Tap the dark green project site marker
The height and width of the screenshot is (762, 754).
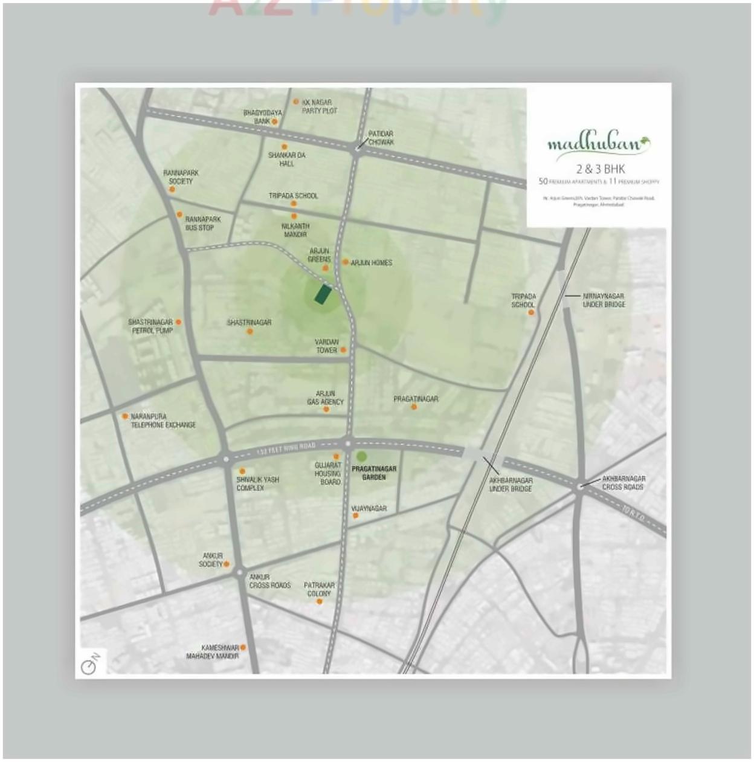point(323,294)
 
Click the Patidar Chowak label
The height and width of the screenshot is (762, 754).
point(381,138)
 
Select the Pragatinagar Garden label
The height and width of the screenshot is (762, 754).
point(374,473)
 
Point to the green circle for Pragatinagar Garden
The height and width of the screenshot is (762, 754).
point(361,456)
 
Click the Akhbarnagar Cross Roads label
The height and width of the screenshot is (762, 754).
point(623,482)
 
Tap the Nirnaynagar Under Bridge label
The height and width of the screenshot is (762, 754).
point(604,300)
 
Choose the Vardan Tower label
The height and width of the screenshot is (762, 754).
point(326,346)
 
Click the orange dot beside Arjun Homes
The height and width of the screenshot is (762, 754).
point(346,262)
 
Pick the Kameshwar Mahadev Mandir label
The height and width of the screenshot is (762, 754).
point(212,651)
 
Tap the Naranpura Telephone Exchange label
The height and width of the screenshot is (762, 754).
point(163,421)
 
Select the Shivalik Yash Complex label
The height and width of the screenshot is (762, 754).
point(257,483)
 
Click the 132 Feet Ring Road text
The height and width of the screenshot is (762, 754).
point(286,448)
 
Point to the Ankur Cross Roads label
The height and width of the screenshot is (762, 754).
point(269,581)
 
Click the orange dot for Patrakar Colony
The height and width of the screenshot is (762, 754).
point(320,601)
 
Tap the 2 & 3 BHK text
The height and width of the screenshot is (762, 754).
point(600,169)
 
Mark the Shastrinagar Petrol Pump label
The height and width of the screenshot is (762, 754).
point(150,326)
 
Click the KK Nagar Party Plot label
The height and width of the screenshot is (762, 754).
point(320,107)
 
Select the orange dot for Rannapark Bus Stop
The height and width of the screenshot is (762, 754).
point(179,215)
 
